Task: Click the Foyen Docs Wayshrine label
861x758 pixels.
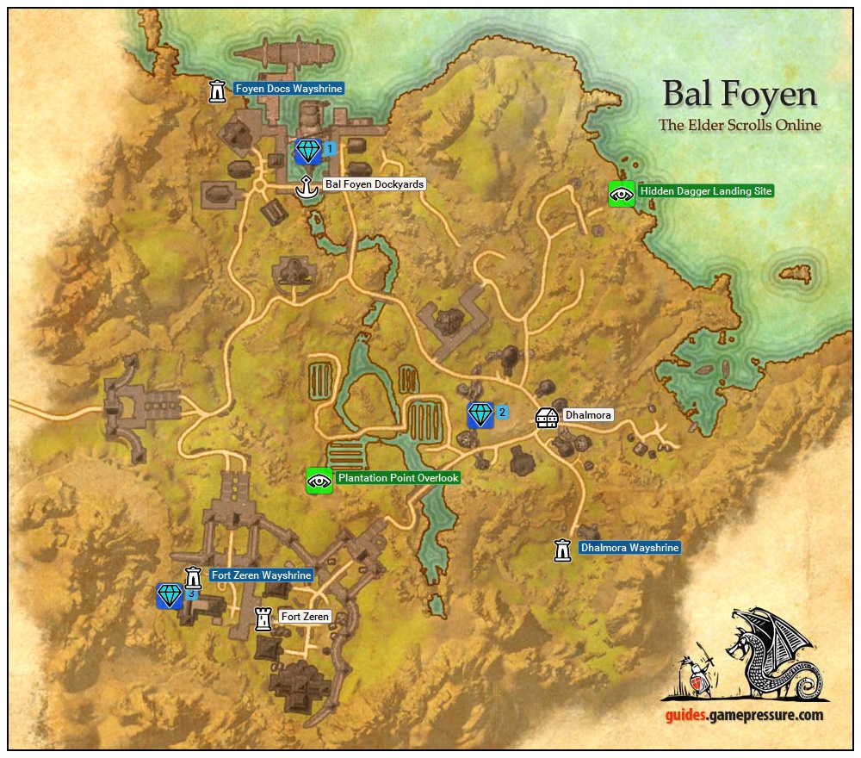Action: click(x=288, y=89)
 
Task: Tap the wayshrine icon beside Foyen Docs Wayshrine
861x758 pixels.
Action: click(x=218, y=90)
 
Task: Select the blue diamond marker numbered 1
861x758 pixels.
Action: click(x=307, y=151)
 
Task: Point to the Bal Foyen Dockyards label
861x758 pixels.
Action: click(x=375, y=184)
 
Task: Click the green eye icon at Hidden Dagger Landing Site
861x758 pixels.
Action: click(x=621, y=194)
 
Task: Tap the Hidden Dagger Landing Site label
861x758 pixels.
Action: click(x=705, y=191)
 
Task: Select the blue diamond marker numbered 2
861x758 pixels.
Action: click(x=480, y=414)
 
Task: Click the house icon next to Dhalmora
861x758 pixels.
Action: click(x=547, y=417)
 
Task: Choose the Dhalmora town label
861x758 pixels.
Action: click(x=588, y=415)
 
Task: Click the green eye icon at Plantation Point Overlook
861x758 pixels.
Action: click(x=319, y=481)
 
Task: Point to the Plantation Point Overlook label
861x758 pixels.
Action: click(x=398, y=478)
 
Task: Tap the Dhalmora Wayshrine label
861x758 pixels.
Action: click(x=629, y=548)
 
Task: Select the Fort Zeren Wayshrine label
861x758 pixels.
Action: click(x=260, y=575)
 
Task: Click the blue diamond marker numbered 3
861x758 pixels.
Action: click(x=170, y=595)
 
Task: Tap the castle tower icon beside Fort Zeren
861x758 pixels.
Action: click(x=263, y=618)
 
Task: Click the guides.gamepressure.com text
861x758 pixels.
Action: click(x=743, y=715)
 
